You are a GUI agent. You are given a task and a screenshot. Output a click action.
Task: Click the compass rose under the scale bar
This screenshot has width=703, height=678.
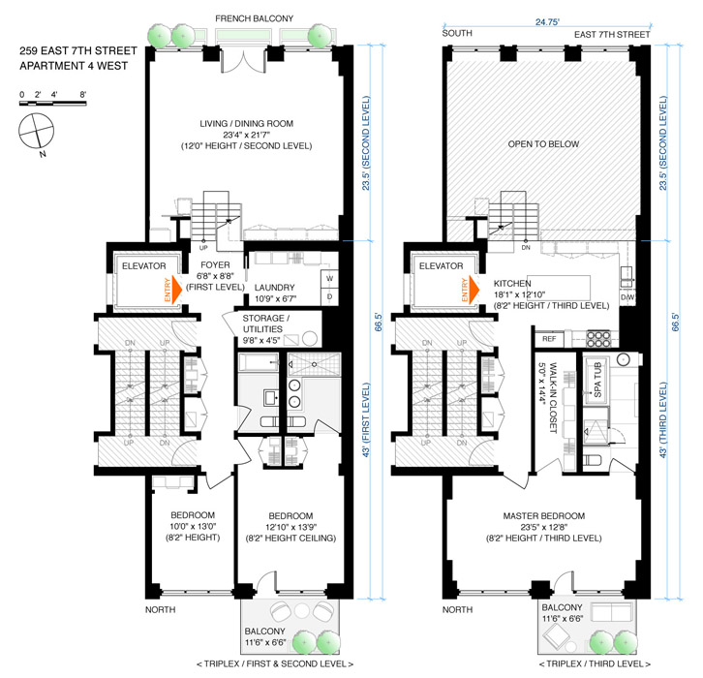pos(37,131)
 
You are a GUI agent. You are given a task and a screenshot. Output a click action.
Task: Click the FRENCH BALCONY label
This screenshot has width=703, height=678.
pos(255,18)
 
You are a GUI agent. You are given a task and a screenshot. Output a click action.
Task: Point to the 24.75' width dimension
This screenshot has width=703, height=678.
pos(547,22)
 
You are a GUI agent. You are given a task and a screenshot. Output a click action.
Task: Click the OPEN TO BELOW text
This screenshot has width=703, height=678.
pos(543,144)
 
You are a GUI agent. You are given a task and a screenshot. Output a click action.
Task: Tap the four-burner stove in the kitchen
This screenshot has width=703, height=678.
pos(599,338)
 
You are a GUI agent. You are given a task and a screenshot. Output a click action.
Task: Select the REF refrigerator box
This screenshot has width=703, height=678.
pos(550,339)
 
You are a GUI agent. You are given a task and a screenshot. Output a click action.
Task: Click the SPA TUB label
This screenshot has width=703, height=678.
pos(597,381)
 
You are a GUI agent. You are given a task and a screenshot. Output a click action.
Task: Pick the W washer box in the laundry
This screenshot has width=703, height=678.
pos(329,279)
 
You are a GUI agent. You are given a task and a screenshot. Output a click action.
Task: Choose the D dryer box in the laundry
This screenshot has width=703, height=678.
pos(329,296)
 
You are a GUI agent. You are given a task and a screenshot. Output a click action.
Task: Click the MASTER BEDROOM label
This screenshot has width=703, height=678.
pos(544,516)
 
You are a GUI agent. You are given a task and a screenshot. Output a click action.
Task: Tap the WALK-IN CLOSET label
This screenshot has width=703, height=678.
pos(553,398)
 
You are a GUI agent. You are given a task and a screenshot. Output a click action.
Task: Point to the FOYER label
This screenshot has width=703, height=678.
pos(215,265)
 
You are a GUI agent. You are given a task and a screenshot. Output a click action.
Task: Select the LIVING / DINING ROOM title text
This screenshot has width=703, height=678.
pos(247,124)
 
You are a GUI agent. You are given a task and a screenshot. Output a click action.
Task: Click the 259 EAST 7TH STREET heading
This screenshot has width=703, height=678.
pos(78,50)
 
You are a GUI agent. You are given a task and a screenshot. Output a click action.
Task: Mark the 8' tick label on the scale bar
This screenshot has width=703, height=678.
pos(83,95)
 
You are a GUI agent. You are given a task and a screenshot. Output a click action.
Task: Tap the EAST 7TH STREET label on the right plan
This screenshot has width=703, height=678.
pos(612,35)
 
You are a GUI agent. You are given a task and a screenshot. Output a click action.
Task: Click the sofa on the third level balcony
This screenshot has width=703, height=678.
pos(611,612)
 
